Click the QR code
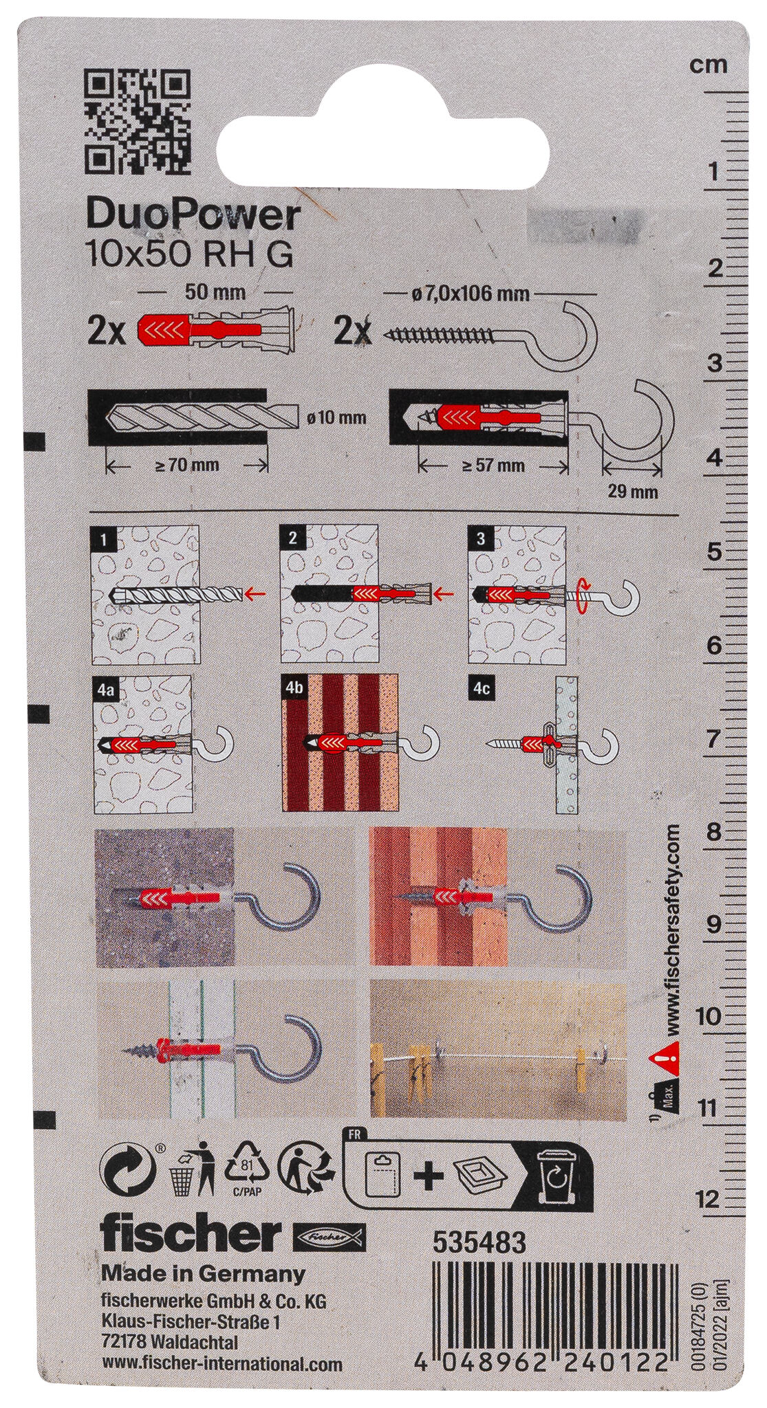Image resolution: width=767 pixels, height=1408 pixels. [x=137, y=124]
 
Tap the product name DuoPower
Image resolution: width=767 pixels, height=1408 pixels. [x=193, y=216]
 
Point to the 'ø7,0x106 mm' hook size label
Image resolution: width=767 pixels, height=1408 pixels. [x=467, y=294]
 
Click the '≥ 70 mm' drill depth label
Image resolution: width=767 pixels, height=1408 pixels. [x=187, y=465]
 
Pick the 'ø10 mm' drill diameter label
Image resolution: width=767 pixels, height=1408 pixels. [x=334, y=417]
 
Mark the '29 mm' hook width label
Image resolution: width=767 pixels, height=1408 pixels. [x=633, y=492]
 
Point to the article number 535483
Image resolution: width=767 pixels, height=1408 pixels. [x=479, y=1243]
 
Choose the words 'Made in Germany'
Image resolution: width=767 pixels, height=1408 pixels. [x=203, y=1274]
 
